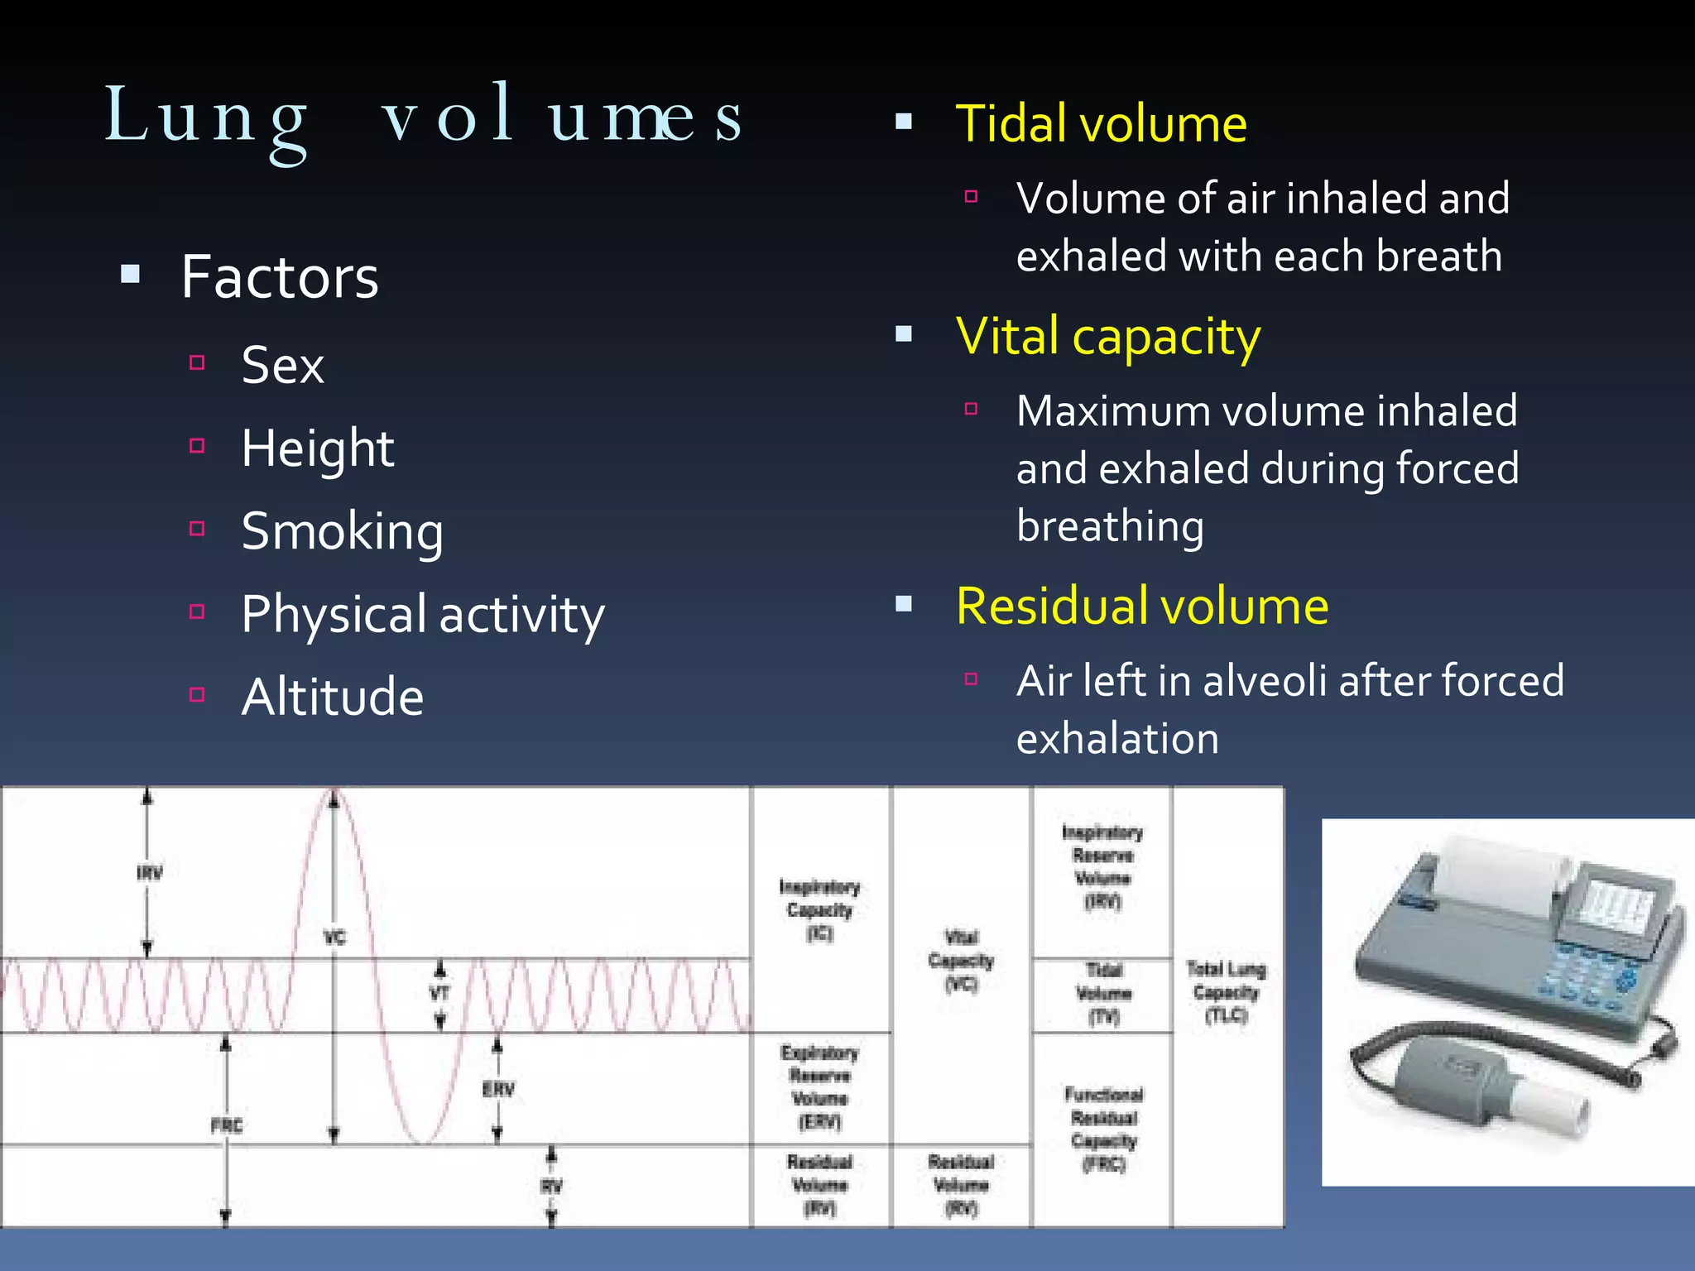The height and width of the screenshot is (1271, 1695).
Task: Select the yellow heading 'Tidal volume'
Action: pos(1101,124)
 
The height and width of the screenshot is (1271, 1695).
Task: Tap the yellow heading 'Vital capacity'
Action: pos(1107,337)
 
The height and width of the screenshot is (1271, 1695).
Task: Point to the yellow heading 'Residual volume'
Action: pos(1141,606)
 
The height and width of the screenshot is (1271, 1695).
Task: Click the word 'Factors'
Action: pos(280,277)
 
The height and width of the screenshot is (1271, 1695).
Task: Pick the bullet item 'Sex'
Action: pos(282,365)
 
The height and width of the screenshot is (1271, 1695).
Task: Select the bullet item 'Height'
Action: pos(317,448)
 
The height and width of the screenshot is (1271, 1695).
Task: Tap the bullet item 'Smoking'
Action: pos(342,531)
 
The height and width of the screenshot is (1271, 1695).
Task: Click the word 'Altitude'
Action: pos(332,697)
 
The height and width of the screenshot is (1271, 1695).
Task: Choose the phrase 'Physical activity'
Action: pos(422,614)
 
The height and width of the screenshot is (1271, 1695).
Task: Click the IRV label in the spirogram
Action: pos(150,873)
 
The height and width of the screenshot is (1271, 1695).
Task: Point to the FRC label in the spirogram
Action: pos(226,1125)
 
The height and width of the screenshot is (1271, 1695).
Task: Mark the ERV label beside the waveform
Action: pos(498,1089)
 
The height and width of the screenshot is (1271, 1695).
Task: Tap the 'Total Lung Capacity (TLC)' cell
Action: pos(1226,991)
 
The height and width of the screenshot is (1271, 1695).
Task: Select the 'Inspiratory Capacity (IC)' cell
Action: pos(819,910)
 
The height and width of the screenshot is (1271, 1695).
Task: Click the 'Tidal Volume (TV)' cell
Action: pos(1103,993)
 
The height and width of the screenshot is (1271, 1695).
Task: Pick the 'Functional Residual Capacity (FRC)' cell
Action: pos(1103,1129)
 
